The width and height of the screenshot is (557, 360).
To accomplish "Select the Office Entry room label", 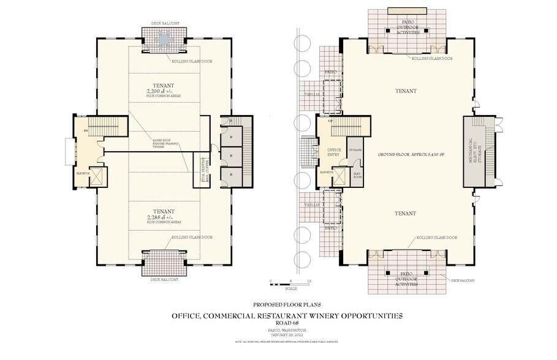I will click(335, 152).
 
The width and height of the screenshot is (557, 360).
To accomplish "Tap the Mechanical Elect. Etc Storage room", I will click(474, 151).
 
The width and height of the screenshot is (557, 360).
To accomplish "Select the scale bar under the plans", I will click(291, 285).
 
